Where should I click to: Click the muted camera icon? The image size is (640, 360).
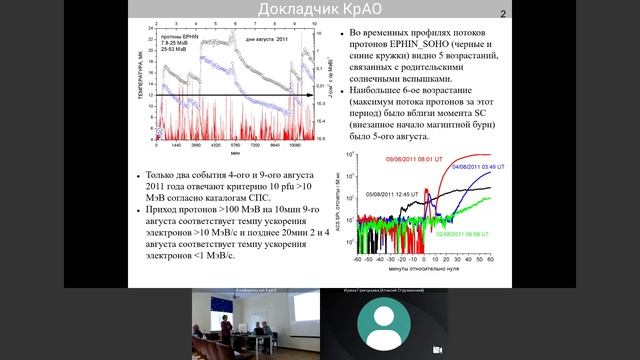click(437, 350)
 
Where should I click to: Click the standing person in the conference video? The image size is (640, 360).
click(226, 326)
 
